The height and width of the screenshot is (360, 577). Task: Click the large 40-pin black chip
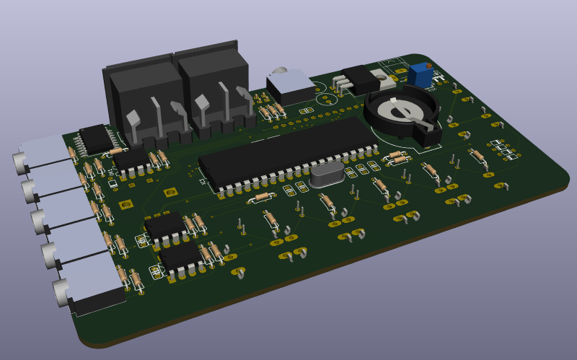coord(288,153)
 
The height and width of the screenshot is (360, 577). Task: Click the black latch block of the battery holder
coord(428,135)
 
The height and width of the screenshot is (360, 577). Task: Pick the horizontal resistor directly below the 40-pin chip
coord(260,196)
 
